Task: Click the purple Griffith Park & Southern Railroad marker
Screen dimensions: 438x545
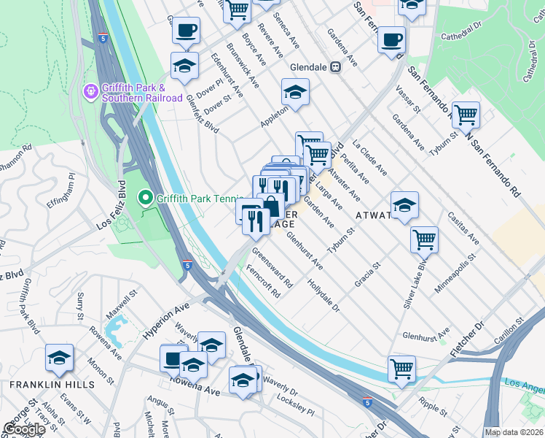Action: click(x=91, y=92)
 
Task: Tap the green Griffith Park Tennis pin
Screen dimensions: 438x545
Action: click(x=145, y=197)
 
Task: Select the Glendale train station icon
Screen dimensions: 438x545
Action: click(x=336, y=66)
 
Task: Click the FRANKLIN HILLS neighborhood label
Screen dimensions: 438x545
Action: click(x=52, y=384)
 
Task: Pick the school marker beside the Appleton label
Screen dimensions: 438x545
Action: click(x=295, y=93)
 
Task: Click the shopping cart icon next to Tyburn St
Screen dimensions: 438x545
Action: click(x=465, y=115)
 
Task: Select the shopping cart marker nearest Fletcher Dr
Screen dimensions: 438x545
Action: click(x=401, y=369)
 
